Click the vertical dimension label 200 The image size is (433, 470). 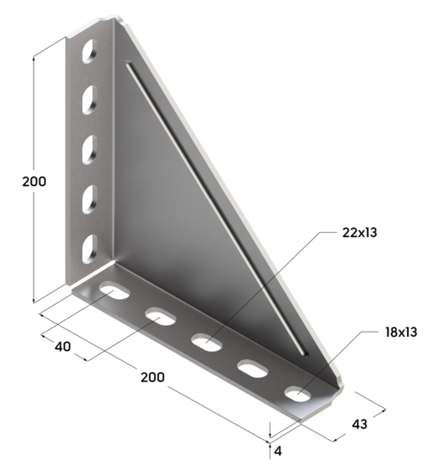34,182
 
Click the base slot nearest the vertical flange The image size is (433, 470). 114,292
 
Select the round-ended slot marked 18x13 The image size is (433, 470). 296,391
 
